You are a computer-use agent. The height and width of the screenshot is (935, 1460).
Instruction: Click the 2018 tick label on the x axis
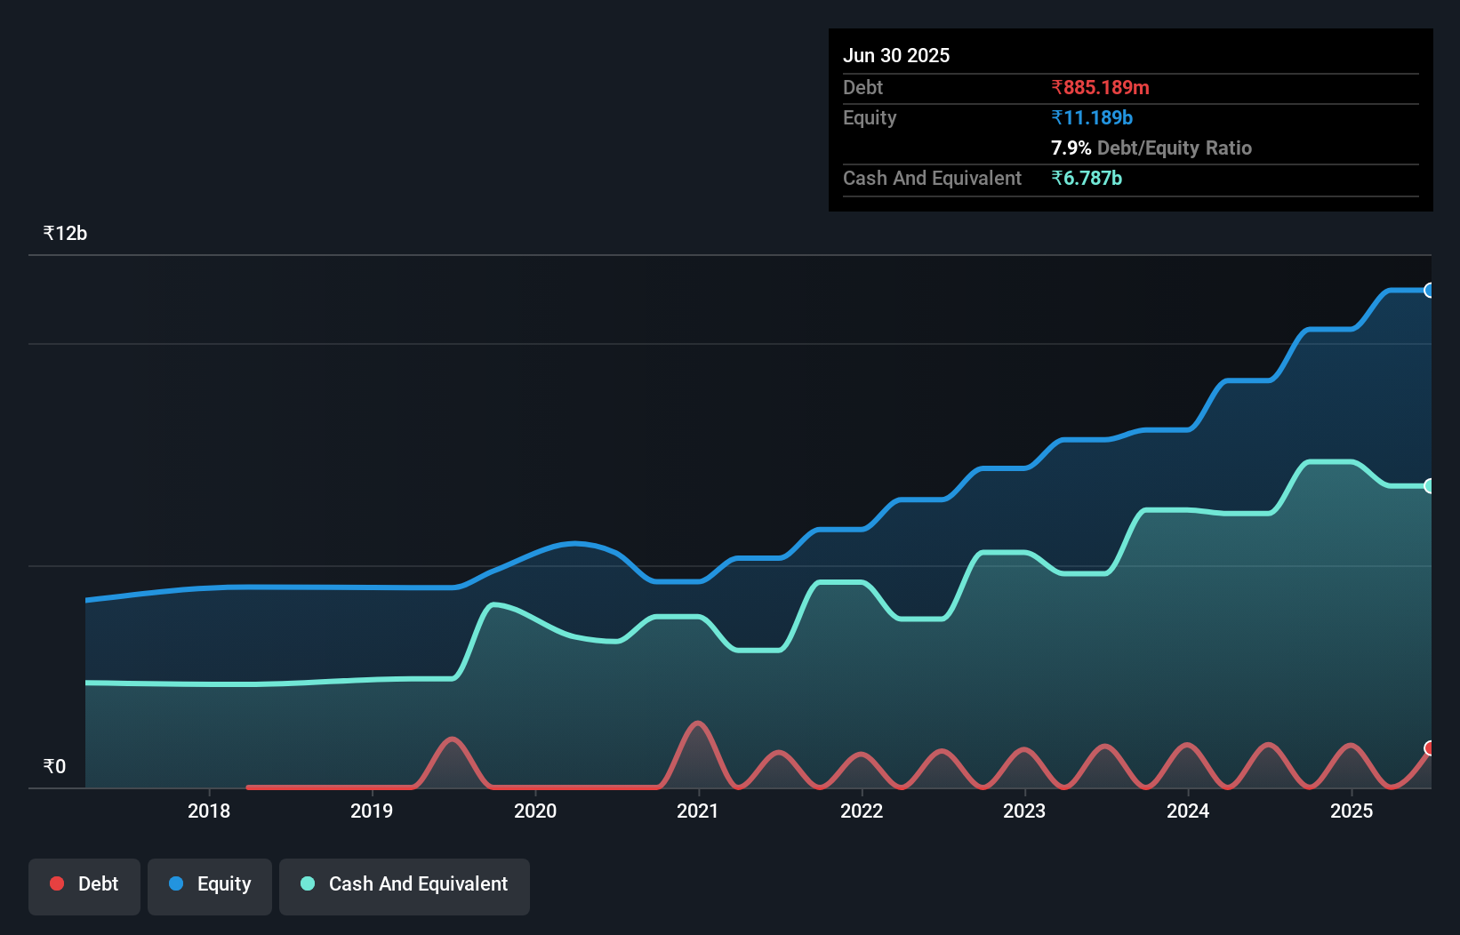pyautogui.click(x=209, y=811)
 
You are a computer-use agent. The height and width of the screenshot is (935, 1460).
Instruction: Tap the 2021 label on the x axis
pyautogui.click(x=698, y=811)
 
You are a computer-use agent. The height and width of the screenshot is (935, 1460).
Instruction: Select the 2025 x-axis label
pyautogui.click(x=1352, y=811)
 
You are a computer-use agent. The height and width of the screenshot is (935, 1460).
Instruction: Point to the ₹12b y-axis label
pyautogui.click(x=65, y=233)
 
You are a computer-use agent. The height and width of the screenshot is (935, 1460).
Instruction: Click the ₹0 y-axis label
pyautogui.click(x=54, y=766)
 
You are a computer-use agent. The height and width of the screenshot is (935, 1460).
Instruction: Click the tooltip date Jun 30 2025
pyautogui.click(x=896, y=55)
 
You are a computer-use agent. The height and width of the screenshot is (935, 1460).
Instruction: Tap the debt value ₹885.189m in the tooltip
pyautogui.click(x=1100, y=87)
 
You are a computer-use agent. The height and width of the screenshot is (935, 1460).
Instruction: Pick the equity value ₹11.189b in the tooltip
pyautogui.click(x=1092, y=117)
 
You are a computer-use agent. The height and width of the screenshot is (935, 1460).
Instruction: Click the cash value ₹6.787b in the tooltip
pyautogui.click(x=1087, y=178)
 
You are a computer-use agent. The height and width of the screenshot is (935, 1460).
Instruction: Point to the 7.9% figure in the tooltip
pyautogui.click(x=1071, y=148)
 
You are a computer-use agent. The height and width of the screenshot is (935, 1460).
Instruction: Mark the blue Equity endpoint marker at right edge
pyautogui.click(x=1429, y=290)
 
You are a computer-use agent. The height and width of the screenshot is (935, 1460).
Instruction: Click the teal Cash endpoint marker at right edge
pyautogui.click(x=1429, y=485)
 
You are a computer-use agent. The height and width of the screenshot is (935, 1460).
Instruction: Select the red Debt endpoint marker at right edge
pyautogui.click(x=1429, y=747)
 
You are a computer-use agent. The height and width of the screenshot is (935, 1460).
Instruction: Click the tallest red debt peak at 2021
pyautogui.click(x=698, y=723)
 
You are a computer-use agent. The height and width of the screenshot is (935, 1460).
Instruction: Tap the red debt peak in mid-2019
pyautogui.click(x=453, y=739)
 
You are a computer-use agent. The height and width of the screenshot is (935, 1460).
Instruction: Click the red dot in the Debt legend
pyautogui.click(x=57, y=883)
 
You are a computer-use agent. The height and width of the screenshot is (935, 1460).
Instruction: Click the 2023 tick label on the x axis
pyautogui.click(x=1024, y=811)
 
